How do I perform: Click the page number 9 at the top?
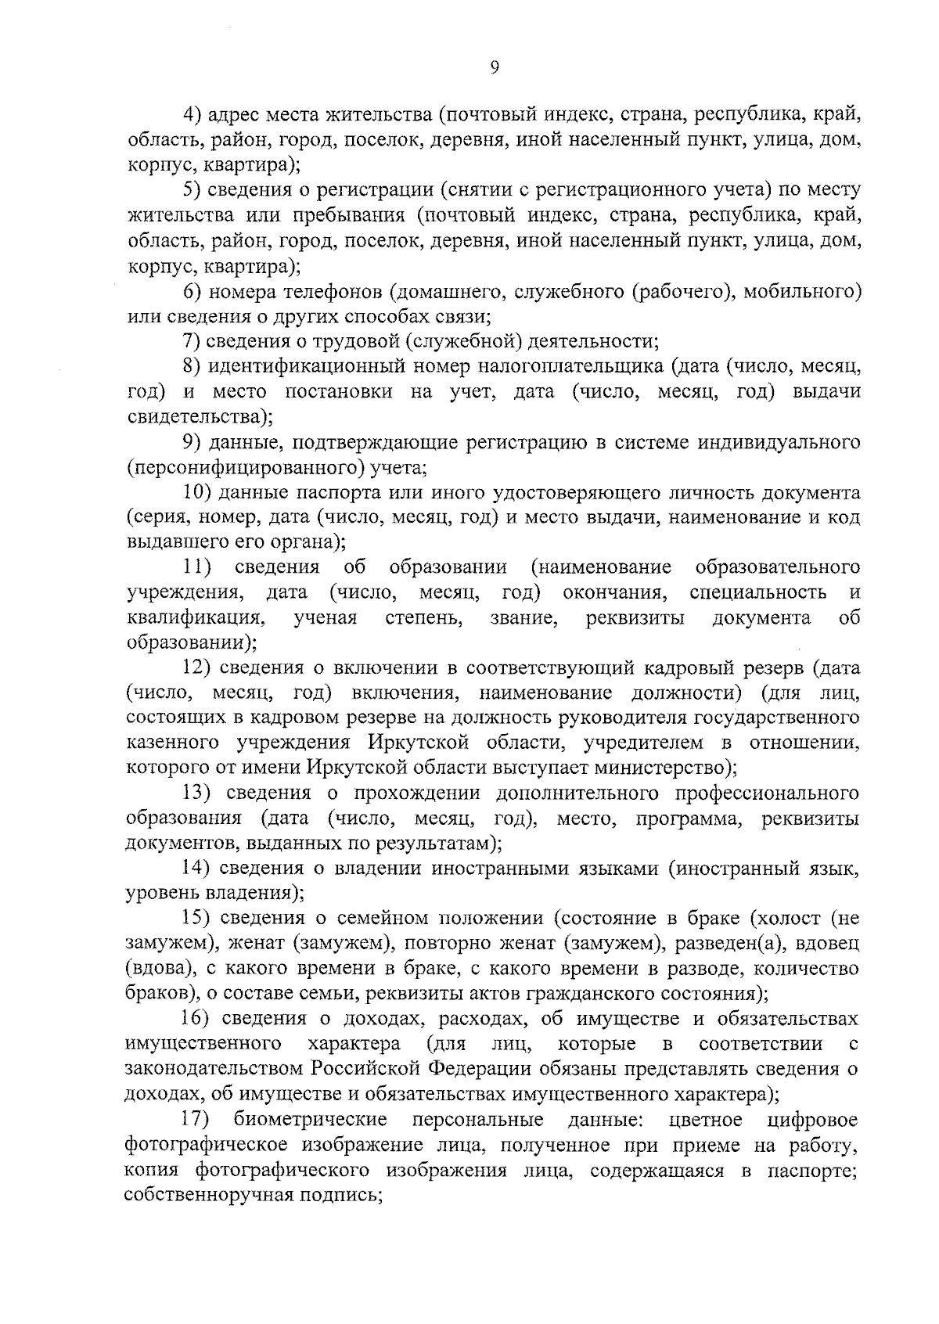[x=494, y=68]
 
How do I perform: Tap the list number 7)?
[x=192, y=341]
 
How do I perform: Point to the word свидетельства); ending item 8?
[x=200, y=416]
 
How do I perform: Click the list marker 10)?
[x=197, y=492]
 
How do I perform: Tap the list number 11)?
[x=199, y=567]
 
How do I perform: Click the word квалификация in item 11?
[x=195, y=618]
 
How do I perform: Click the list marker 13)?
[x=197, y=793]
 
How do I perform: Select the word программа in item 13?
[x=687, y=819]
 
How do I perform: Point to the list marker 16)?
[x=197, y=1019]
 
